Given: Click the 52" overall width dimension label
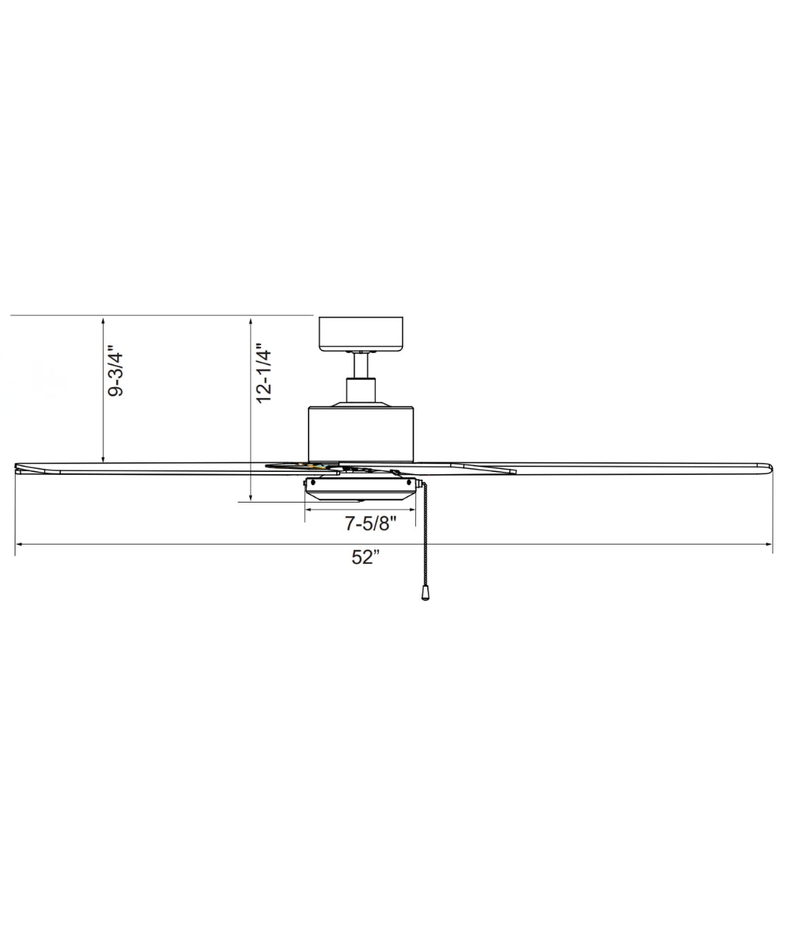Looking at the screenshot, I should pos(366,557).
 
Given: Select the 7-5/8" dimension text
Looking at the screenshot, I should pos(370,523).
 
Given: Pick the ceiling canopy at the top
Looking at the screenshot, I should pos(361,333).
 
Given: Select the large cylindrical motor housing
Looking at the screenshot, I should pos(361,434).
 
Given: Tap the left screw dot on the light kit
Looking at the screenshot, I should pos(313,482).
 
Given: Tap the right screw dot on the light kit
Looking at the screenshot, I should pos(409,482).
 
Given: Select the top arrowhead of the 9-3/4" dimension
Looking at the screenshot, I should pos(104,320).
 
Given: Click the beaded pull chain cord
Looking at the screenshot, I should pos(426,538).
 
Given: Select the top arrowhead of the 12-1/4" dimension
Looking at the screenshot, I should pos(251,320).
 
